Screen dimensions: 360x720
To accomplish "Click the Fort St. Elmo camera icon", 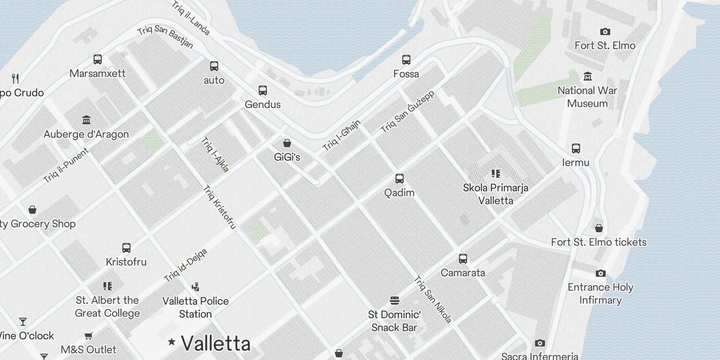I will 605,32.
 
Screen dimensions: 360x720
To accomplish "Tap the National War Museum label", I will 587,97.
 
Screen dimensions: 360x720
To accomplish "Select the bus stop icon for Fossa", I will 406,60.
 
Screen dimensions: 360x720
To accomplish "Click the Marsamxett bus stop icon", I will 98,59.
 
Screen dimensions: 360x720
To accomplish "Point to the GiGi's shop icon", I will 287,144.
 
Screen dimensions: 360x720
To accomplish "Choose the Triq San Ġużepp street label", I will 408,112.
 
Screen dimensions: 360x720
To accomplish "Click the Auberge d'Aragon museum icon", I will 86,120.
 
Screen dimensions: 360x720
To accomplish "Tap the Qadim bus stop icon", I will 399,179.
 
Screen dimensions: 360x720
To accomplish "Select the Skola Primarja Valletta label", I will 495,194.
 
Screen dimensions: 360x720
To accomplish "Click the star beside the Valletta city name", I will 171,342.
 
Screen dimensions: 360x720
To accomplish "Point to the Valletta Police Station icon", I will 195,287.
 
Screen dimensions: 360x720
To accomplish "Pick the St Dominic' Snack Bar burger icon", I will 395,300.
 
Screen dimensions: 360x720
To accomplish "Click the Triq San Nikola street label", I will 432,299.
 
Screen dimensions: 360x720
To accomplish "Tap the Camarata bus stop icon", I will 463,259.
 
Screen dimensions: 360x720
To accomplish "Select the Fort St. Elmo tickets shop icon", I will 599,228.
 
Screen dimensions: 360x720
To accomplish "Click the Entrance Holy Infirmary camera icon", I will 600,274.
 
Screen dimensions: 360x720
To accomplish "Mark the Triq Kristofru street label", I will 220,207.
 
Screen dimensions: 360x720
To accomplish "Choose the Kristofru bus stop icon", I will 126,248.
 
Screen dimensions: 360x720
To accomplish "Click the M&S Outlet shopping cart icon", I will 89,336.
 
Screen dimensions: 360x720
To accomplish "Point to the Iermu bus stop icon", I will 576,148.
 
